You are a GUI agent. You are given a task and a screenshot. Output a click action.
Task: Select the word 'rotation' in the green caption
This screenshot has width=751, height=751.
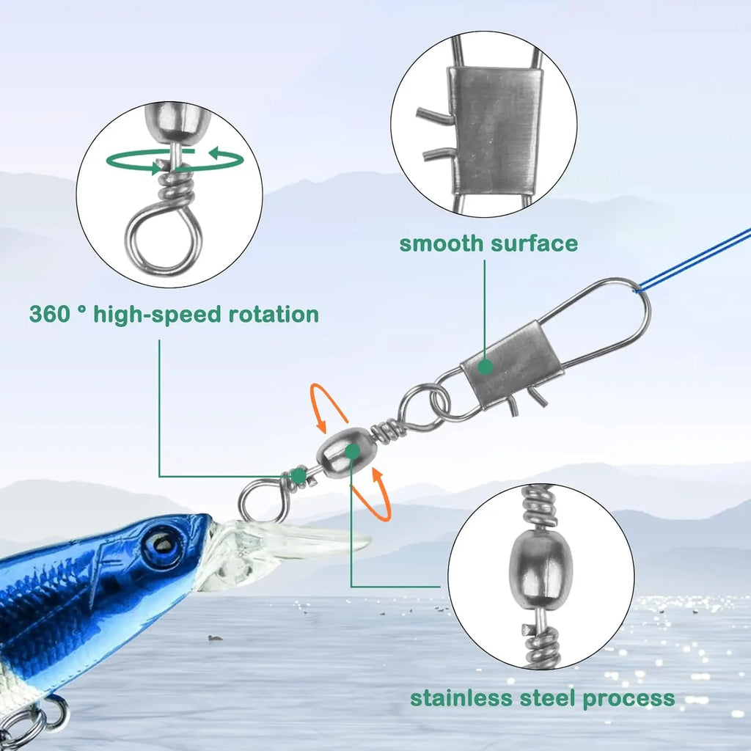(274, 315)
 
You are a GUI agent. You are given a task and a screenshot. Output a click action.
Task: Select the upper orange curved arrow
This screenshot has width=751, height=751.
(329, 405)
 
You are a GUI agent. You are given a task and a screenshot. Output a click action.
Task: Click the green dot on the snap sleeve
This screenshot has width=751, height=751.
(485, 367)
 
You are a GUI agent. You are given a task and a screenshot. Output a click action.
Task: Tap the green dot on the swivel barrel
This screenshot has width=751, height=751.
(353, 451)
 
